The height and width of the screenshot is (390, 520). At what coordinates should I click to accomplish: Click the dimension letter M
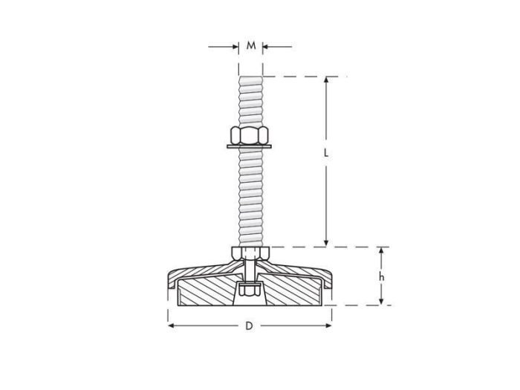pyautogui.click(x=251, y=46)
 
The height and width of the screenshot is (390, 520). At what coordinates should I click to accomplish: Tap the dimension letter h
pyautogui.click(x=381, y=276)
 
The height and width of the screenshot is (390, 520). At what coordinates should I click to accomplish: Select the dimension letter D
pyautogui.click(x=250, y=326)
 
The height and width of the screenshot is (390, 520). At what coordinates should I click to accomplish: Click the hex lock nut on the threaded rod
pyautogui.click(x=250, y=135)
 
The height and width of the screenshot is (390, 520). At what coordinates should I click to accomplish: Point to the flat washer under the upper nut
pyautogui.click(x=250, y=147)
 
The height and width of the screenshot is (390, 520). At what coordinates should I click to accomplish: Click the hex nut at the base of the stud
pyautogui.click(x=250, y=254)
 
